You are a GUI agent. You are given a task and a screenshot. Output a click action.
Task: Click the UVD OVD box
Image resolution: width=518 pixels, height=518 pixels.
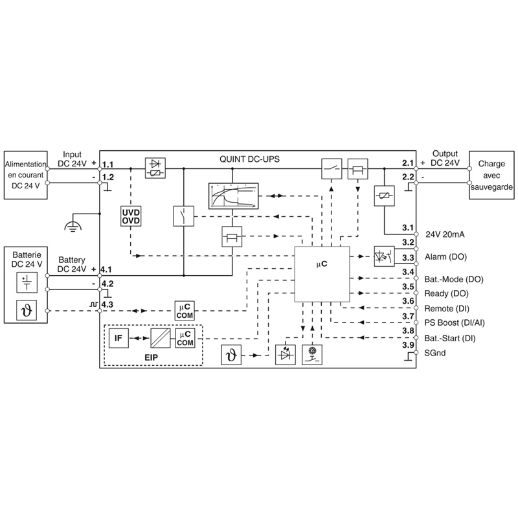pos(131,216)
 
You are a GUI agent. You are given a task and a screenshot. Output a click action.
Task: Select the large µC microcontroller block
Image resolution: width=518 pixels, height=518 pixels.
pos(322,274)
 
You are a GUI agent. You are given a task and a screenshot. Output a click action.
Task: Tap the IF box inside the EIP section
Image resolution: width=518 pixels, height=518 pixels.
pos(118,338)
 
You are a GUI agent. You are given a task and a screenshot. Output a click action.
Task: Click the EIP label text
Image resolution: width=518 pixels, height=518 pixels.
pos(152,357)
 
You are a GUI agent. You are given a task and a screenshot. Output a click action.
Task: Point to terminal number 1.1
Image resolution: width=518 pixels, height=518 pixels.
pos(107,164)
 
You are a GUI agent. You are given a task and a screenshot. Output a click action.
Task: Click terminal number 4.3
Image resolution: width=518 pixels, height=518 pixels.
pos(107,304)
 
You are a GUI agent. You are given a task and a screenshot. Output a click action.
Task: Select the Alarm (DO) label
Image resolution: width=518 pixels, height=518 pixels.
pos(445,256)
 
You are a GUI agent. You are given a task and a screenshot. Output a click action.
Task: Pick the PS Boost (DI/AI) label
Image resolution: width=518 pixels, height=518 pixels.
pos(455,322)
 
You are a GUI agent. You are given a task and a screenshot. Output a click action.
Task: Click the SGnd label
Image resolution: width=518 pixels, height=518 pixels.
pos(434,353)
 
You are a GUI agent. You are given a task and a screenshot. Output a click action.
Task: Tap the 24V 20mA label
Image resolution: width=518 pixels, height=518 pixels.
pos(445,234)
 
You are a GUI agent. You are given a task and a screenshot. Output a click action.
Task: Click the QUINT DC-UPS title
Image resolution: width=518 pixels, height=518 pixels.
pos(249,159)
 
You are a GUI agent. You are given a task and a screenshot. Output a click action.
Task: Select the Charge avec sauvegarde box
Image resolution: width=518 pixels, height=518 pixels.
pos(491,175)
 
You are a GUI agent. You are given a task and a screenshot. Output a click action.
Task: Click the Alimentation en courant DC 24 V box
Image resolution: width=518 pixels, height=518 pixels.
pos(25,175)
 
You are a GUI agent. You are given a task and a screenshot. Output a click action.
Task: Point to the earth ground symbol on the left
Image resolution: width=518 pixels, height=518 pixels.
pos(73,225)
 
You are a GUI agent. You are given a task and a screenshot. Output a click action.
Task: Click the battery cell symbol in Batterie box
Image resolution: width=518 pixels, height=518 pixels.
pos(27,282)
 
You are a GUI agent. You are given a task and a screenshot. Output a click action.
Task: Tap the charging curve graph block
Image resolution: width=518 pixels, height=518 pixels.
pos(233,196)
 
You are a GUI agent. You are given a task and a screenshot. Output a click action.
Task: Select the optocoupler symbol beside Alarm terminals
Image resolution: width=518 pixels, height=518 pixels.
pos(384,256)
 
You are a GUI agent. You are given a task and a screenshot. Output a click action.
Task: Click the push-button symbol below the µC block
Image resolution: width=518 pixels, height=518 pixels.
pos(312,355)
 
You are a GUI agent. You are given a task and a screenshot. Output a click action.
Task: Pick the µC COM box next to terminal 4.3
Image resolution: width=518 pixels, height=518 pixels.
pos(185,311)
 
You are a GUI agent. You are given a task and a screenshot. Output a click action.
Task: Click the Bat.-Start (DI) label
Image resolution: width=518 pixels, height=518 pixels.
pos(450,338)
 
